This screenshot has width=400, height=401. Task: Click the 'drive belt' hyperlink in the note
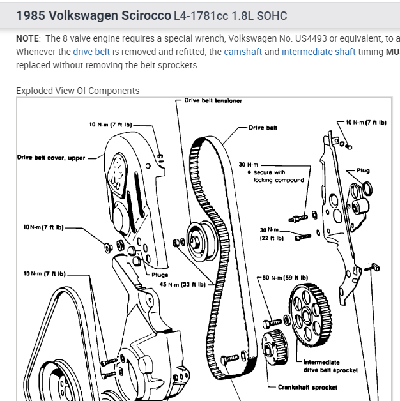pyautogui.click(x=93, y=51)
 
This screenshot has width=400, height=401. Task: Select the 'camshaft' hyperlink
pyautogui.click(x=243, y=51)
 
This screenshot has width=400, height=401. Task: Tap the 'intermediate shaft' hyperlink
pyautogui.click(x=318, y=51)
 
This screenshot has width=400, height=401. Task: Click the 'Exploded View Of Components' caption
pyautogui.click(x=77, y=91)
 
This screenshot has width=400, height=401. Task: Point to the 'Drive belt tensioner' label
pyautogui.click(x=213, y=100)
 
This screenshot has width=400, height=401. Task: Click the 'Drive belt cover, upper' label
pyautogui.click(x=51, y=158)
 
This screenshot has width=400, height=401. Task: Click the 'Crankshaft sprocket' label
pyautogui.click(x=307, y=387)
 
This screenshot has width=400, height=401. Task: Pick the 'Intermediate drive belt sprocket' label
pyautogui.click(x=330, y=366)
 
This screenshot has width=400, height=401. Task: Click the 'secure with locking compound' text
pyautogui.click(x=279, y=176)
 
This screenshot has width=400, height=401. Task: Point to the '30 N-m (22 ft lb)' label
pyautogui.click(x=271, y=234)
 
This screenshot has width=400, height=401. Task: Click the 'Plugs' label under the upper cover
pyautogui.click(x=159, y=275)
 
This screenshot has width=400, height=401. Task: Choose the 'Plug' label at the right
pyautogui.click(x=363, y=170)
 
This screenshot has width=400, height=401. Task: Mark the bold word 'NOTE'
pyautogui.click(x=28, y=38)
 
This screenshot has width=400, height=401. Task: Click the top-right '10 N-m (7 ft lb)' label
pyautogui.click(x=365, y=121)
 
